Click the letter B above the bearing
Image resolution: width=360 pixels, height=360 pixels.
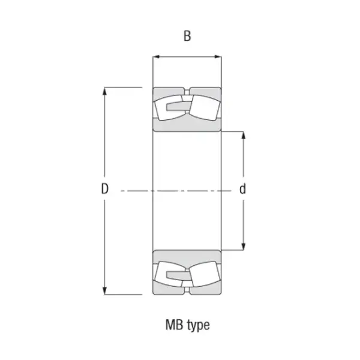pyautogui.click(x=187, y=36)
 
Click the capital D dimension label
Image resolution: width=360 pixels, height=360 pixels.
pyautogui.click(x=104, y=189)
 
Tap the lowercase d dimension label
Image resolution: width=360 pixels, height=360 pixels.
pyautogui.click(x=242, y=189)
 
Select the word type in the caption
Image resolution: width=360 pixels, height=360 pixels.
pyautogui.click(x=199, y=326)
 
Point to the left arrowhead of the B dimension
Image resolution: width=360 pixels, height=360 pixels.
pyautogui.click(x=156, y=57)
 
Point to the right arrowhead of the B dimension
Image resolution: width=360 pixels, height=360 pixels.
pyautogui.click(x=218, y=57)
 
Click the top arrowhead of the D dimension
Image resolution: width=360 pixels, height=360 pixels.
pyautogui.click(x=104, y=91)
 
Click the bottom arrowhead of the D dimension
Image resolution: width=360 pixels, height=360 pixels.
pyautogui.click(x=104, y=291)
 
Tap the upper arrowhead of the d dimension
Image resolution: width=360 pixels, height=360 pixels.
pyautogui.click(x=244, y=135)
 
